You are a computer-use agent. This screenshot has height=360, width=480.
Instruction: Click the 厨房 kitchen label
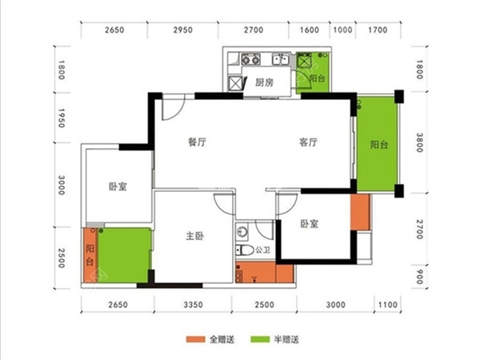point(265,82)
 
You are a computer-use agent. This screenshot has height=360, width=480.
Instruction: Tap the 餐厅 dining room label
point(198,143)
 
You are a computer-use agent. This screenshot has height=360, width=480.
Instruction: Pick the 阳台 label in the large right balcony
point(379,146)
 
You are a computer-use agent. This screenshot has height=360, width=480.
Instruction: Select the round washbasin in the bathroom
point(243,233)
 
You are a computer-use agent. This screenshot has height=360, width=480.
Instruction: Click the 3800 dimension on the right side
point(421,146)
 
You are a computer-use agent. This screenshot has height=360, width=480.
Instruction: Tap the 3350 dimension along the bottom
point(190,305)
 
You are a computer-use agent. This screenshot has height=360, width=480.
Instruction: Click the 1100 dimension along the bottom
point(386,305)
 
